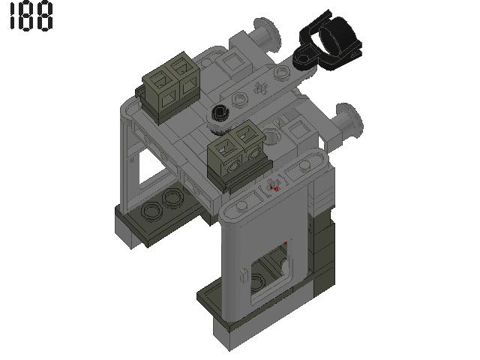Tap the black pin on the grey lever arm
point(220,114)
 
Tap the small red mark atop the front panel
point(274,187)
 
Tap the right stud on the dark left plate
point(172,199)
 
